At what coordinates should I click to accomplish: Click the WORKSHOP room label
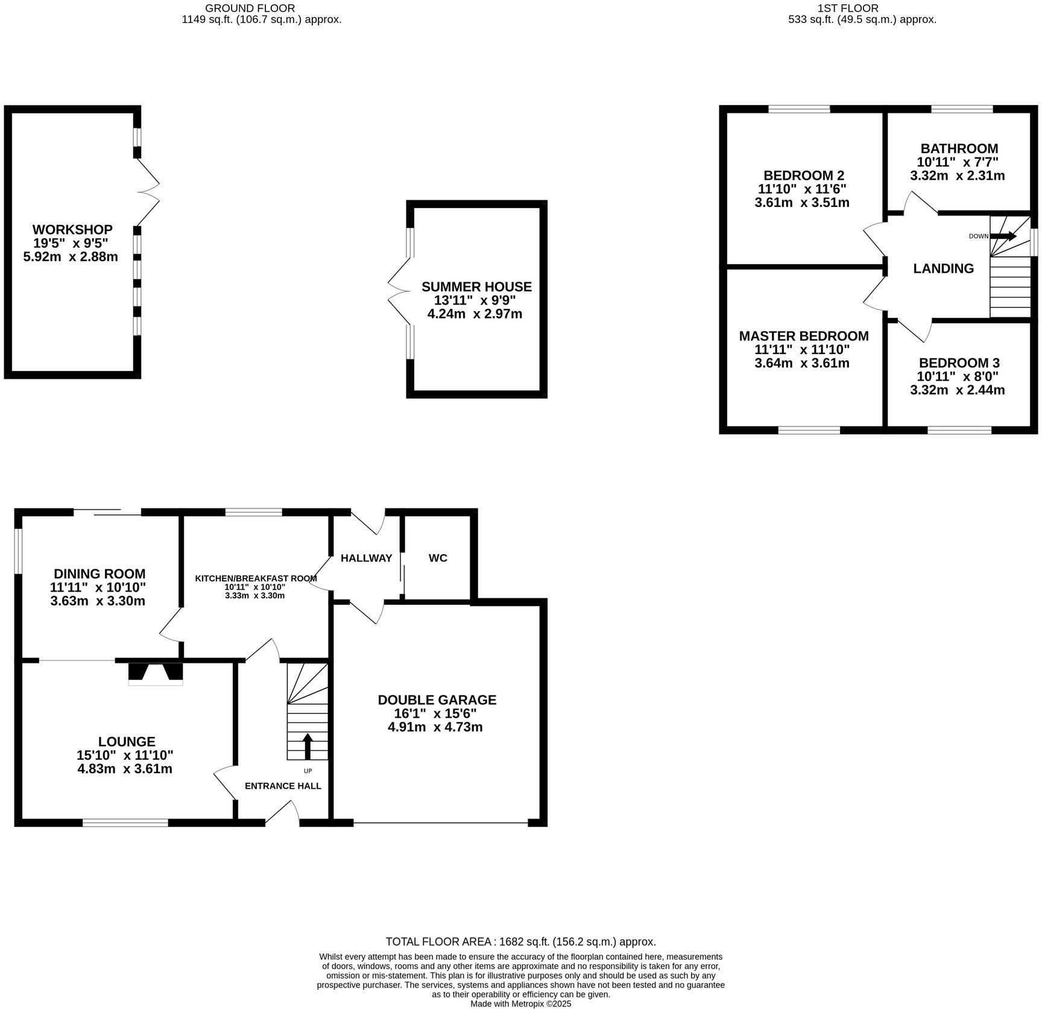(x=72, y=230)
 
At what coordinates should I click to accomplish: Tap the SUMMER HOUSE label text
(x=476, y=286)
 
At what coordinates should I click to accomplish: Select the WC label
(x=438, y=558)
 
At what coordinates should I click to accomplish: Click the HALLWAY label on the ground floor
(x=366, y=558)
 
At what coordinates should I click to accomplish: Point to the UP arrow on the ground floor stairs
(x=307, y=746)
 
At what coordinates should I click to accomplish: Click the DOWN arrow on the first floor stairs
(x=1003, y=236)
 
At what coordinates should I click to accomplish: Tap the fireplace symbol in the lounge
(x=155, y=673)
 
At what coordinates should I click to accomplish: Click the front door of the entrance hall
(x=282, y=812)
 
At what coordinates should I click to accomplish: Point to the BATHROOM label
(x=959, y=148)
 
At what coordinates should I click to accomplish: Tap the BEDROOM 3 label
(x=959, y=363)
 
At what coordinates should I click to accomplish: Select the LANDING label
(x=943, y=268)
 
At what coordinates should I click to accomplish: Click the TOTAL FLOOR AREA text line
(x=520, y=941)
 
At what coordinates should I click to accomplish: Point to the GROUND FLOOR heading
(x=250, y=8)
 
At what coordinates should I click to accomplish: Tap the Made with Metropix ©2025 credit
(x=520, y=1004)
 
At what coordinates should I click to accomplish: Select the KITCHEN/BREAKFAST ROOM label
(x=256, y=578)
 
